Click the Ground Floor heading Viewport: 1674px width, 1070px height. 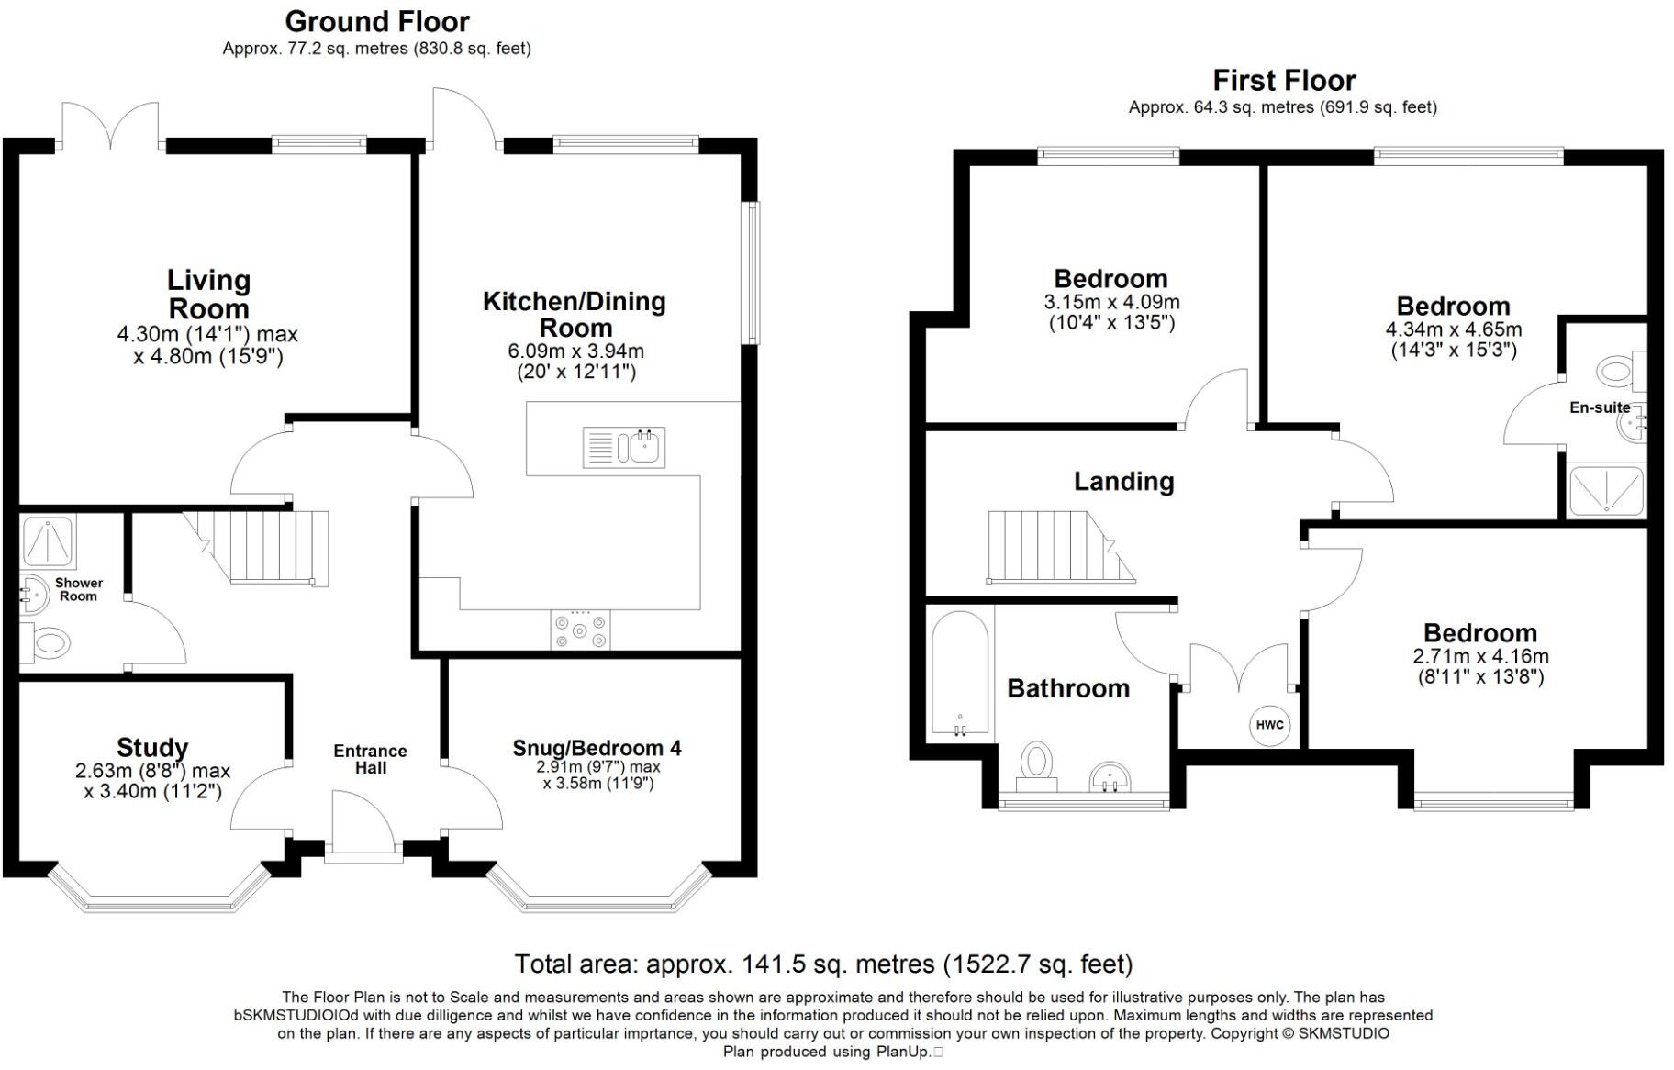click(x=377, y=21)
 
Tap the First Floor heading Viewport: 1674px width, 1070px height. click(x=1284, y=81)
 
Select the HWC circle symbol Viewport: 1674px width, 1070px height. click(x=1270, y=725)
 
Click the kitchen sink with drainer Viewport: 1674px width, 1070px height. click(x=624, y=448)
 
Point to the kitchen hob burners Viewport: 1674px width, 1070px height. click(x=580, y=630)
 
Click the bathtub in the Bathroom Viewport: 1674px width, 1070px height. click(x=960, y=674)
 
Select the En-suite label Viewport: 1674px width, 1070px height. click(x=1600, y=407)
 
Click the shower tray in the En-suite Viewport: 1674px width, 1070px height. click(x=1606, y=490)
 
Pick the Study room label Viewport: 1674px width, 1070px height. click(x=152, y=748)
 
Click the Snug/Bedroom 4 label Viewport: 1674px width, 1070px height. click(x=597, y=748)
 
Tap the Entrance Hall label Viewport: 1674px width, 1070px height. click(x=370, y=759)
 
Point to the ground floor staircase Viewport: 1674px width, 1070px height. click(x=262, y=548)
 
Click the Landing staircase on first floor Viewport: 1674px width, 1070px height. click(x=1061, y=547)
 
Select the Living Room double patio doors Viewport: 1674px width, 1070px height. click(x=111, y=125)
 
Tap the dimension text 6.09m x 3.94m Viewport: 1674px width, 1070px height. click(x=575, y=351)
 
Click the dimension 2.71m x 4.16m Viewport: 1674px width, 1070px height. click(x=1480, y=656)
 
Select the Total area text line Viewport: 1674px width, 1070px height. click(x=823, y=964)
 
